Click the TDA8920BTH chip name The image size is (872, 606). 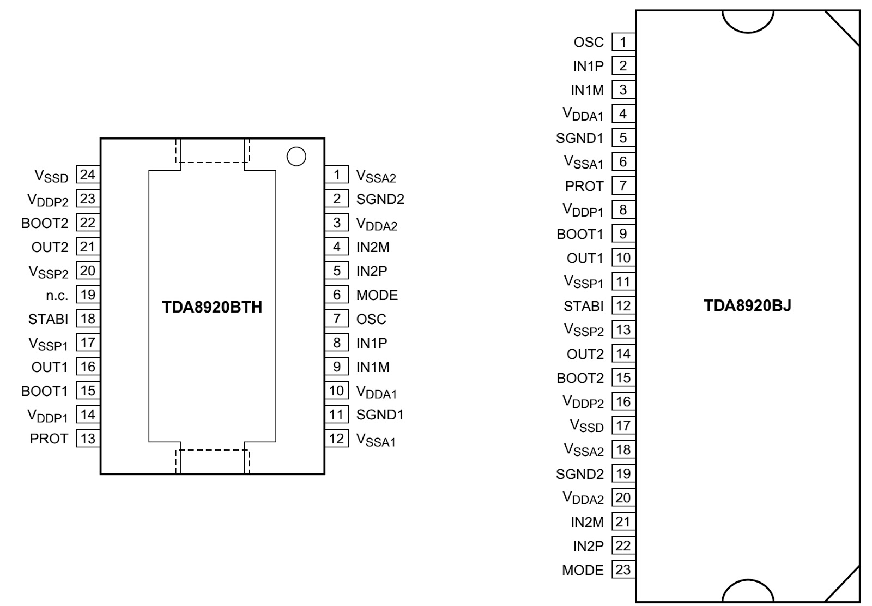[x=212, y=307]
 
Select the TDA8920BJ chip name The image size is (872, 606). [x=747, y=305]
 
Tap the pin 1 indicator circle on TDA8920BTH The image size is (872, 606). [x=296, y=157]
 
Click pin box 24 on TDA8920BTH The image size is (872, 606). [x=88, y=175]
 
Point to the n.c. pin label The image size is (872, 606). [x=57, y=296]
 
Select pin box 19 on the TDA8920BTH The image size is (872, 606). [x=88, y=295]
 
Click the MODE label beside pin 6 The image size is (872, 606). [x=377, y=295]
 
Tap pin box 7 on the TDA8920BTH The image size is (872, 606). [x=337, y=319]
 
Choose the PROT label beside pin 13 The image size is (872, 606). [x=49, y=439]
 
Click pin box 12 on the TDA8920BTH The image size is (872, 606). [x=337, y=439]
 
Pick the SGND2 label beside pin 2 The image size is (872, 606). [x=380, y=199]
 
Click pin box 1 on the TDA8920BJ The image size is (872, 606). [x=623, y=42]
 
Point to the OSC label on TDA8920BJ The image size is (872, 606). [x=589, y=42]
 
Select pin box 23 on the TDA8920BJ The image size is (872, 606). [x=623, y=570]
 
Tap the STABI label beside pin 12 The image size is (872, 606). [x=584, y=307]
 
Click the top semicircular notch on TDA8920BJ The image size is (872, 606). [x=748, y=32]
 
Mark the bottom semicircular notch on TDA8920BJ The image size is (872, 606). [x=748, y=579]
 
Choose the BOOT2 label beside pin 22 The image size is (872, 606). [x=45, y=223]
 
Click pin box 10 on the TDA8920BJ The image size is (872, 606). [x=623, y=257]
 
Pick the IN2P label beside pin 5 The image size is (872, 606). [x=372, y=271]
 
